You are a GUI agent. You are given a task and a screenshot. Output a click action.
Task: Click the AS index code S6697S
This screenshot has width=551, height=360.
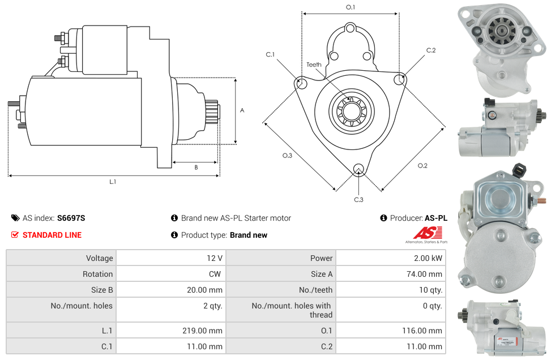[x=71, y=218]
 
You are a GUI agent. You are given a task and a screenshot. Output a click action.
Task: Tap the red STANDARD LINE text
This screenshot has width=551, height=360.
[x=52, y=235]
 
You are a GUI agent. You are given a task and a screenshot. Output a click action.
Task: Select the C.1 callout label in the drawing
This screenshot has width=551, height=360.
[x=270, y=55]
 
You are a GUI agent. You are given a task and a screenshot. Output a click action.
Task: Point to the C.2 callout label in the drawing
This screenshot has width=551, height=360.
[x=431, y=50]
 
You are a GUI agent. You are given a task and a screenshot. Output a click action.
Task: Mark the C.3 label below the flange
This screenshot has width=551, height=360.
[x=358, y=199]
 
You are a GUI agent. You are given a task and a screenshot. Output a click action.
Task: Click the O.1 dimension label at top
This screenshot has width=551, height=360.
[x=351, y=7]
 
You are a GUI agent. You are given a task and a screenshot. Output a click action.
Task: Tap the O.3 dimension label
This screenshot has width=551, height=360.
[x=287, y=156]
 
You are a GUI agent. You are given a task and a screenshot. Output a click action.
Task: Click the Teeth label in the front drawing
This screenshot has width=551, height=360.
[x=314, y=65]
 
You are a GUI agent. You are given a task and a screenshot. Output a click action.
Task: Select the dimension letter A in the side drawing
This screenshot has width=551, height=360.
[x=242, y=110]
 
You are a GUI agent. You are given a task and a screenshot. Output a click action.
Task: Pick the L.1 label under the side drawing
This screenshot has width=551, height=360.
[x=113, y=182]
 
